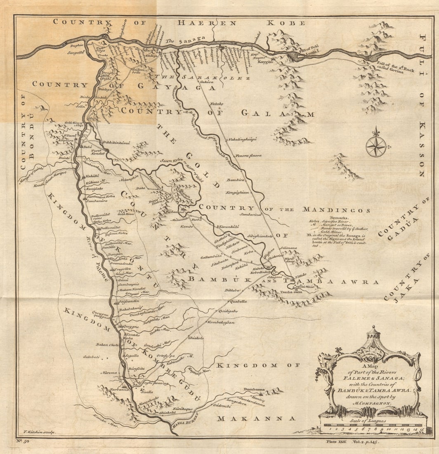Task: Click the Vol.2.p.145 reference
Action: (x=365, y=442)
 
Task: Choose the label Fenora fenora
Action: (x=248, y=155)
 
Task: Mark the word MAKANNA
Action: (x=256, y=419)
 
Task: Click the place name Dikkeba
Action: (x=232, y=291)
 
